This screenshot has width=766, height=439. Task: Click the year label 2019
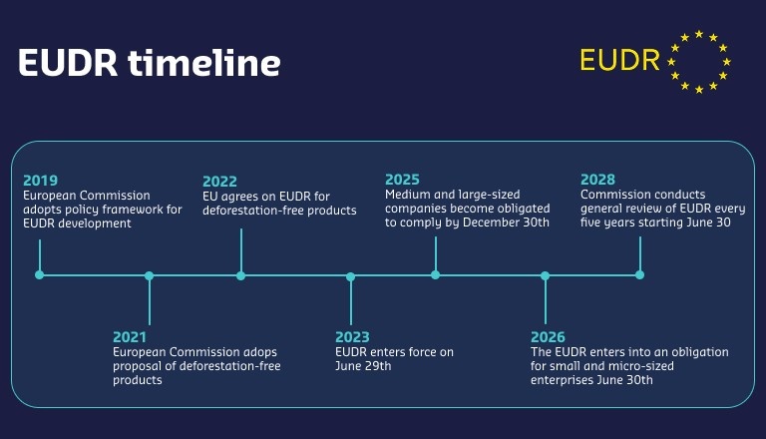coord(40,181)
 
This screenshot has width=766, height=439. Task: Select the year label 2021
coord(130,337)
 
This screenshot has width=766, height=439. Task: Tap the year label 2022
coord(219,181)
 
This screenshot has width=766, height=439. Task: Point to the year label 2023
coord(352,337)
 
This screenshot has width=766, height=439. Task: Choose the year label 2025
coord(402,180)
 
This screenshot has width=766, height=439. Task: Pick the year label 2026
coord(548,337)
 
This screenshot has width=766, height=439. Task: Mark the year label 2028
coord(597,180)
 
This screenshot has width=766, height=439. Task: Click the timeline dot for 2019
coord(40,275)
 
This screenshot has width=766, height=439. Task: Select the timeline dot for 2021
coord(149,275)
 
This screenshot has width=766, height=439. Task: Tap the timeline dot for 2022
coord(240,275)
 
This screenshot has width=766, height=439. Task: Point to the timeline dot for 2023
coord(350,275)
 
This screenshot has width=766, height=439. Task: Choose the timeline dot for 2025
coord(435,275)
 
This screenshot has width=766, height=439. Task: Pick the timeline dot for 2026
coord(545,275)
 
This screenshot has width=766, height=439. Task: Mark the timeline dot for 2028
coord(639,275)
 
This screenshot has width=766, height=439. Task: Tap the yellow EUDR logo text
coord(619,60)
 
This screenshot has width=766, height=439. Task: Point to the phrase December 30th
coord(510,222)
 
